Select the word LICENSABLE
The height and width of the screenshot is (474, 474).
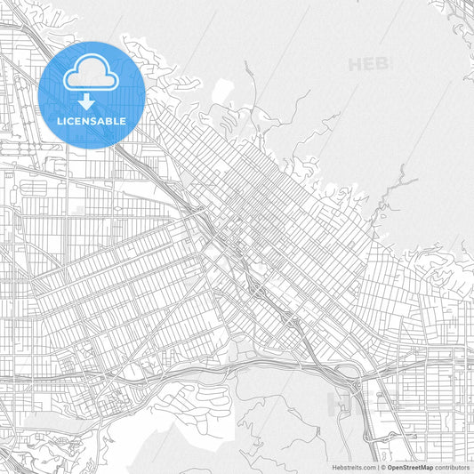[x=92, y=121]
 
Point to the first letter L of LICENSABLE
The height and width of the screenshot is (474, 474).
[x=60, y=121]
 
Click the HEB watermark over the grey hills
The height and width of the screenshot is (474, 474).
[x=368, y=64]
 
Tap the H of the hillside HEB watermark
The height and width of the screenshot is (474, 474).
[x=356, y=64]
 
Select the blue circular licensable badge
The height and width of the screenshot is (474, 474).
[x=92, y=94]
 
